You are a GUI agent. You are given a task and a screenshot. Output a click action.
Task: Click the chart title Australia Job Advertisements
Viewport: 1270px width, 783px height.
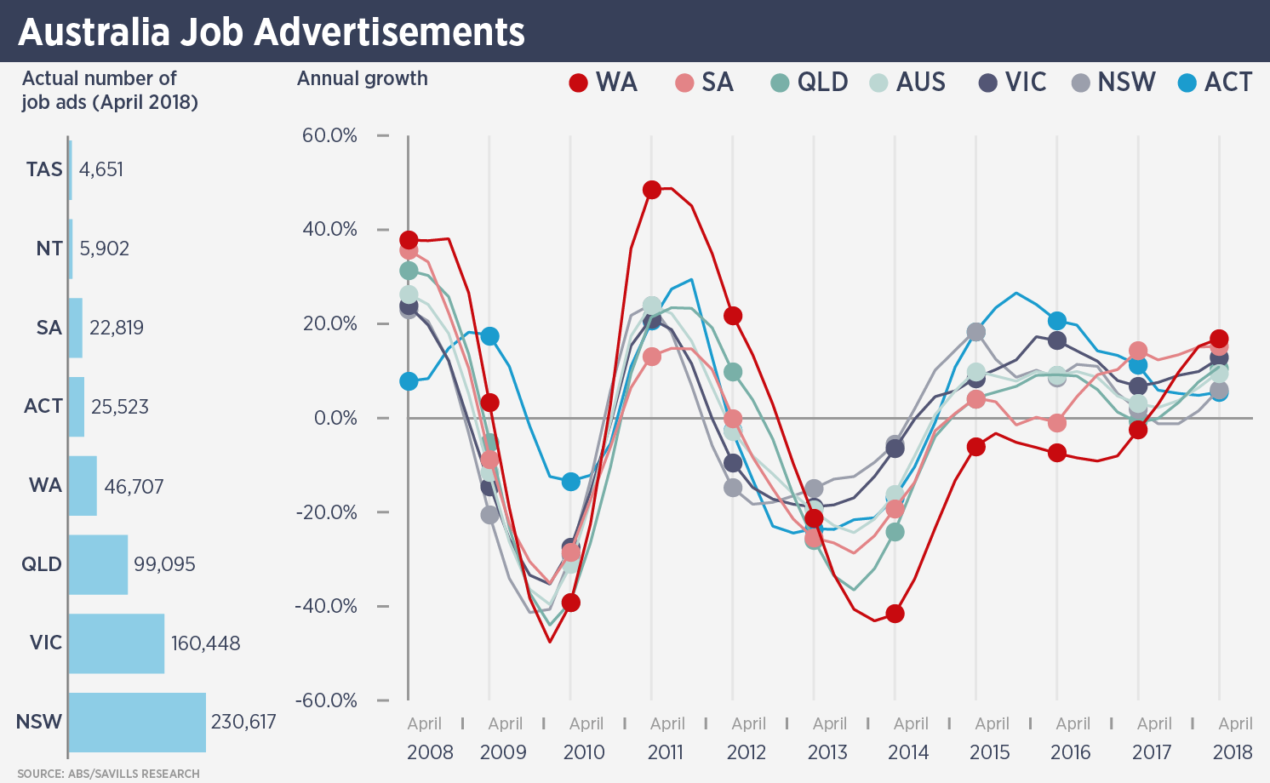click(x=271, y=32)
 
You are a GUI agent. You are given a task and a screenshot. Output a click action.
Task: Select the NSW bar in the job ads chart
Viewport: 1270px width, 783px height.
click(x=137, y=722)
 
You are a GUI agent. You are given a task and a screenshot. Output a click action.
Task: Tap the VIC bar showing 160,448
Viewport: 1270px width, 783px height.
click(x=117, y=643)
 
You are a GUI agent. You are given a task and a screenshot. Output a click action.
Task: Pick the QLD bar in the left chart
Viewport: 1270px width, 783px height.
click(x=98, y=564)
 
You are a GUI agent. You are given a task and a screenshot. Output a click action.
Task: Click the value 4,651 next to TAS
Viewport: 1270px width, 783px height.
click(x=101, y=169)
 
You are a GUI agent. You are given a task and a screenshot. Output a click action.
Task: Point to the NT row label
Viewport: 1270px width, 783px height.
click(x=49, y=249)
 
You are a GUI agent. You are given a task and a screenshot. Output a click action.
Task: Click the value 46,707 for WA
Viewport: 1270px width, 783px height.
click(x=134, y=487)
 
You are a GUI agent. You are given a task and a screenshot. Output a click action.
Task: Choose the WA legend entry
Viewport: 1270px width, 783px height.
click(x=604, y=83)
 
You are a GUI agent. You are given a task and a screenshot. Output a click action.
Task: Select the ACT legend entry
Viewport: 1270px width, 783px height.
click(x=1215, y=83)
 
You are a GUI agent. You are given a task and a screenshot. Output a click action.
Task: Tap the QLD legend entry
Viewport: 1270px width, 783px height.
click(x=809, y=83)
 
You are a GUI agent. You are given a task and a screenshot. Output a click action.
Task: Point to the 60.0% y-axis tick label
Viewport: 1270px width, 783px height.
click(x=329, y=135)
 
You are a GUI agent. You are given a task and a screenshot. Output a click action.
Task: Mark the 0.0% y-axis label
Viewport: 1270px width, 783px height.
click(x=335, y=418)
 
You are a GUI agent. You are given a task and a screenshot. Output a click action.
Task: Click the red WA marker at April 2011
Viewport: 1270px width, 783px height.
click(x=652, y=190)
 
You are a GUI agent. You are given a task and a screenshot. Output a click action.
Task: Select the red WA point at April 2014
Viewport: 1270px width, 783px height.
click(x=895, y=614)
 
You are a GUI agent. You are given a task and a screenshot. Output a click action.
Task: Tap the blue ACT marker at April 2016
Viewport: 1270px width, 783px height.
click(x=1057, y=321)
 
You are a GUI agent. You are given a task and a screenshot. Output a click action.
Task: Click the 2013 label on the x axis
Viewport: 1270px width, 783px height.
click(x=827, y=752)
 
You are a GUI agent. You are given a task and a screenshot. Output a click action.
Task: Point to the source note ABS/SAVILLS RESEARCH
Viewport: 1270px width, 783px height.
click(x=108, y=774)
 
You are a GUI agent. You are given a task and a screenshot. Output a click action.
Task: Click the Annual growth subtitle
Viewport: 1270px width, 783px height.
click(x=363, y=79)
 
